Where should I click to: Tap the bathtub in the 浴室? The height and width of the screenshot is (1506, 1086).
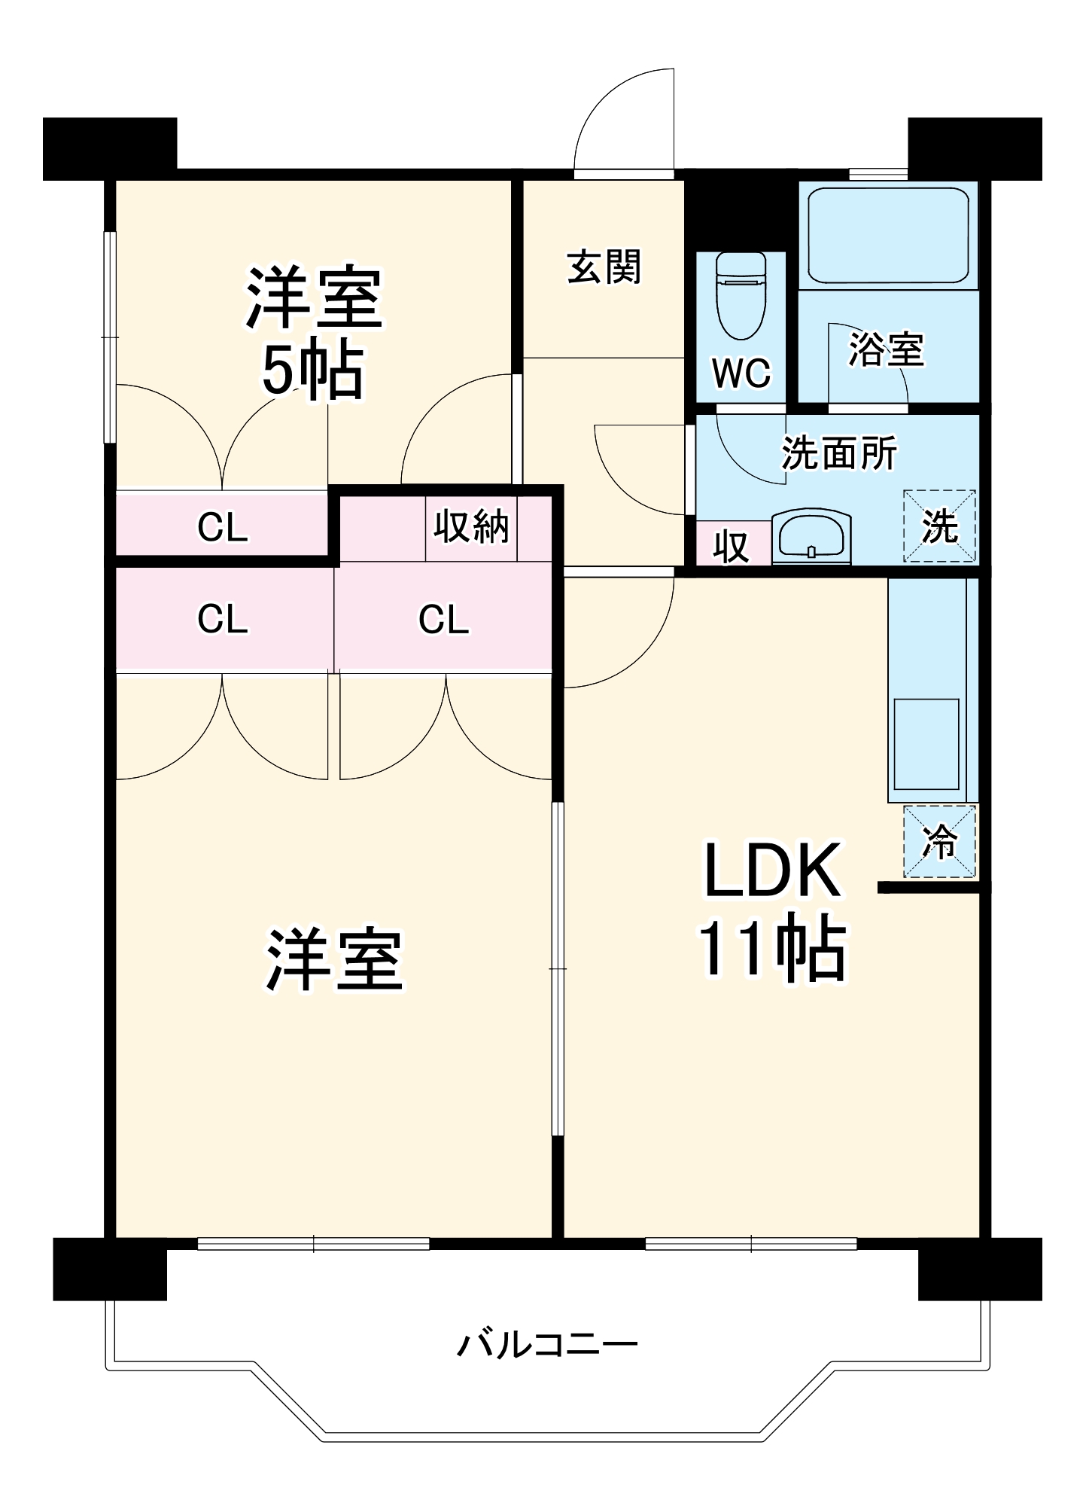[x=888, y=235]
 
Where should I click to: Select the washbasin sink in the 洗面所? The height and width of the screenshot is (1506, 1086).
[x=811, y=536]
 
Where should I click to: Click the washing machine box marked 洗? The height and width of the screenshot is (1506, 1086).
[x=939, y=526]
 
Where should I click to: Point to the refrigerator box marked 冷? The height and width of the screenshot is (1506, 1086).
[x=939, y=841]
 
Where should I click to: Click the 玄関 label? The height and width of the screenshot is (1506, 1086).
[x=604, y=267]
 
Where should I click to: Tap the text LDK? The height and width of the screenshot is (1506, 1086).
[x=772, y=870]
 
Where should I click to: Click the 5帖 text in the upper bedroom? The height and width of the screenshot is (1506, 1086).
[x=312, y=371]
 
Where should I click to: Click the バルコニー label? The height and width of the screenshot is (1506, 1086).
[x=547, y=1344]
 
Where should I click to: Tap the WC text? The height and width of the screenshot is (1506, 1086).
[x=741, y=372]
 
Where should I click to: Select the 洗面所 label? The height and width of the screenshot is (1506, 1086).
[x=838, y=453]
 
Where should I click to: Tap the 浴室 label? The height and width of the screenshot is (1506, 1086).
[x=886, y=349]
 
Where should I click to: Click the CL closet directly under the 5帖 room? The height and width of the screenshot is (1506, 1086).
[x=223, y=527]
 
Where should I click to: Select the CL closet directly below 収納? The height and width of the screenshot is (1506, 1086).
[x=443, y=619]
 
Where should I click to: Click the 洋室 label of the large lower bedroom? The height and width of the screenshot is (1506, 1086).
[x=334, y=960]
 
